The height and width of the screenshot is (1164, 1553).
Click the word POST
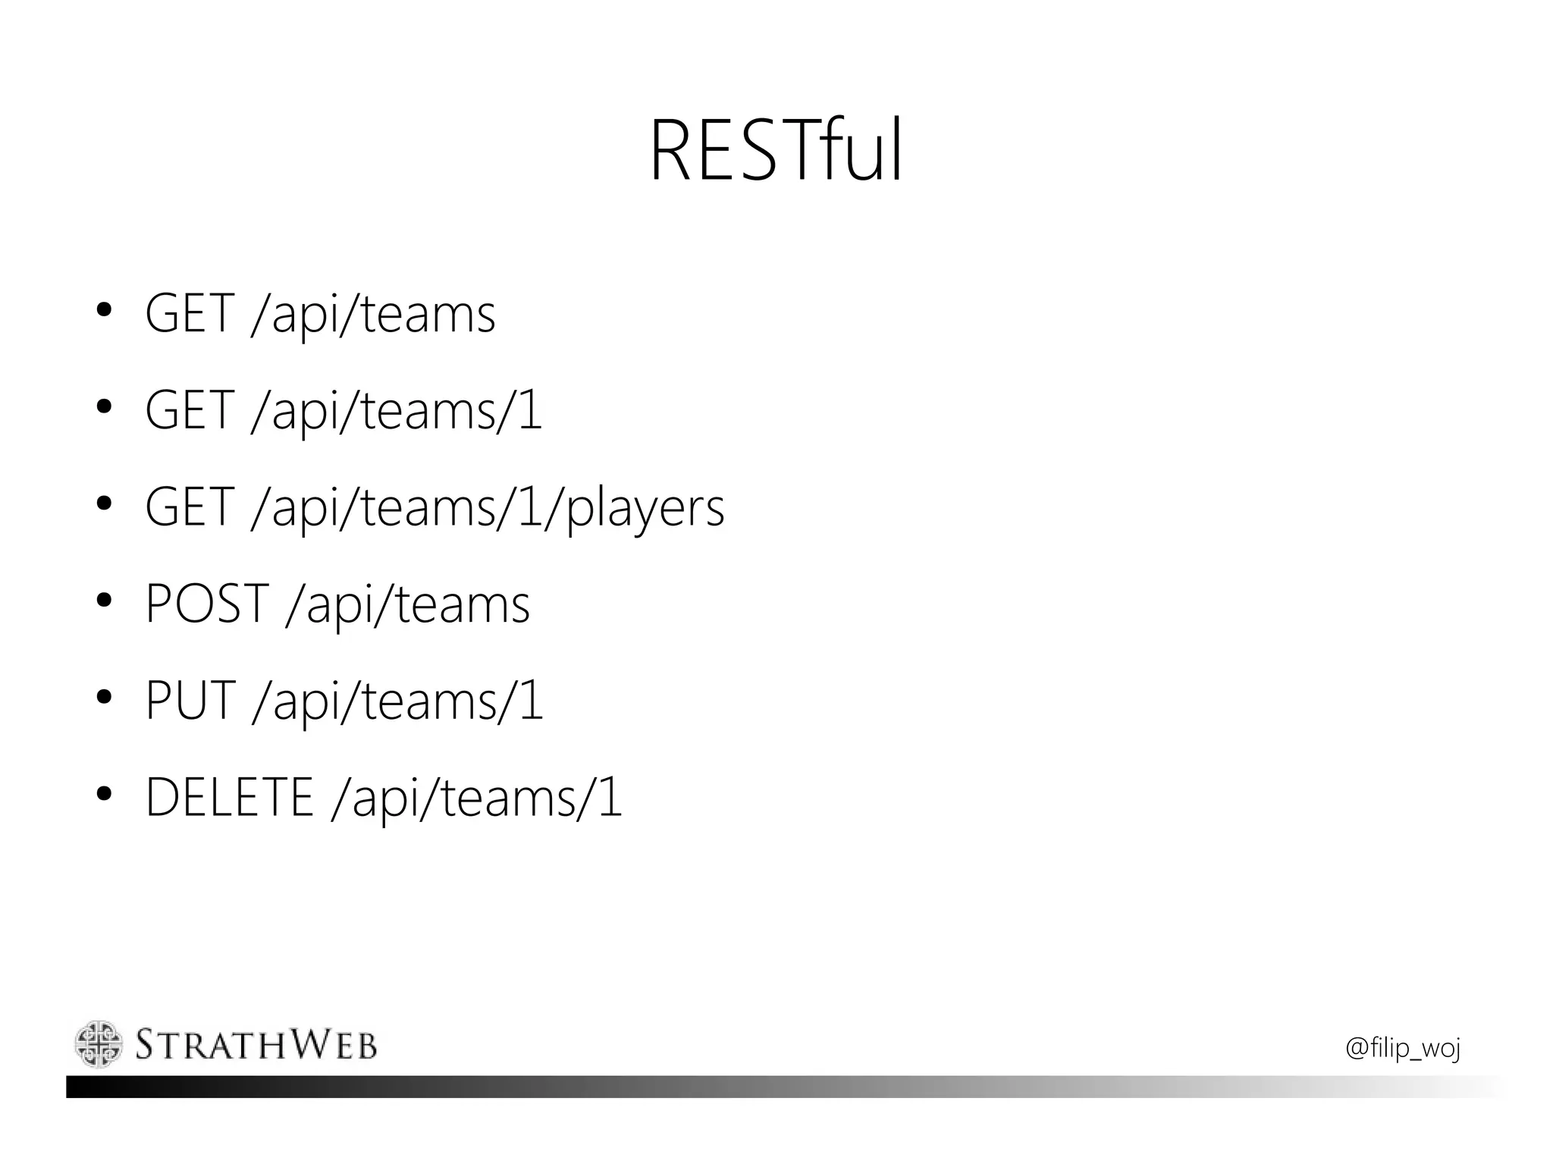click(206, 604)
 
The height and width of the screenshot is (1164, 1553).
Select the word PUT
click(190, 701)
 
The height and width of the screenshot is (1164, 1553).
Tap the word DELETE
click(229, 798)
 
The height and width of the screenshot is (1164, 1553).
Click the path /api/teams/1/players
click(488, 508)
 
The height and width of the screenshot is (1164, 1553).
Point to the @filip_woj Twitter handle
click(1402, 1048)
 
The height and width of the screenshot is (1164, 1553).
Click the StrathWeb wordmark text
click(256, 1045)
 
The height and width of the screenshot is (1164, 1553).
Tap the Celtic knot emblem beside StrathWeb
click(99, 1044)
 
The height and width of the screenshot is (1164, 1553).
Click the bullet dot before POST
click(105, 601)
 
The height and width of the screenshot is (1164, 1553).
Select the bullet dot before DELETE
click(105, 795)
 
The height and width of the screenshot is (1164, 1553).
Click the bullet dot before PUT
click(105, 698)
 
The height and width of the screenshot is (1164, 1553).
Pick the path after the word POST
click(408, 605)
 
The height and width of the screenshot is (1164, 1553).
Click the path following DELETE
click(477, 799)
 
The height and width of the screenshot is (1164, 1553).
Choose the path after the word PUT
click(398, 702)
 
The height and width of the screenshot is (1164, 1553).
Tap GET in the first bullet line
click(189, 313)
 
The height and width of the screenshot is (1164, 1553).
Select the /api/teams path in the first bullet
click(373, 315)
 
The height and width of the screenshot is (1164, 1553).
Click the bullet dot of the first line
click(105, 310)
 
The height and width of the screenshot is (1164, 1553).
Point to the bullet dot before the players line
click(105, 504)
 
